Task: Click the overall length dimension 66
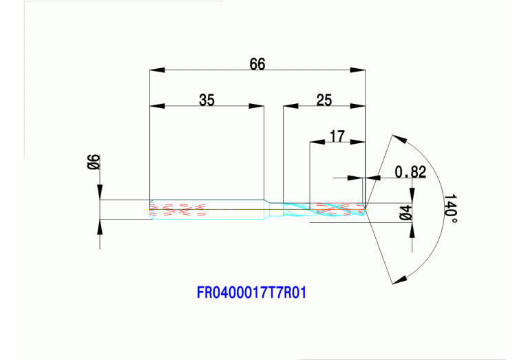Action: pos(257,64)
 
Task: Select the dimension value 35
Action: pos(207,100)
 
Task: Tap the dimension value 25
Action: pos(324,100)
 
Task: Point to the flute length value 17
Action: pos(337,136)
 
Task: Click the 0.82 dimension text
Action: pos(410,172)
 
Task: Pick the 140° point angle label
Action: pos(450,207)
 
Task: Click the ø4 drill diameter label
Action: pos(406,213)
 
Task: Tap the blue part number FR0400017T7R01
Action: pos(251,293)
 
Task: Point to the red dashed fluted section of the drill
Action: pos(337,207)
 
